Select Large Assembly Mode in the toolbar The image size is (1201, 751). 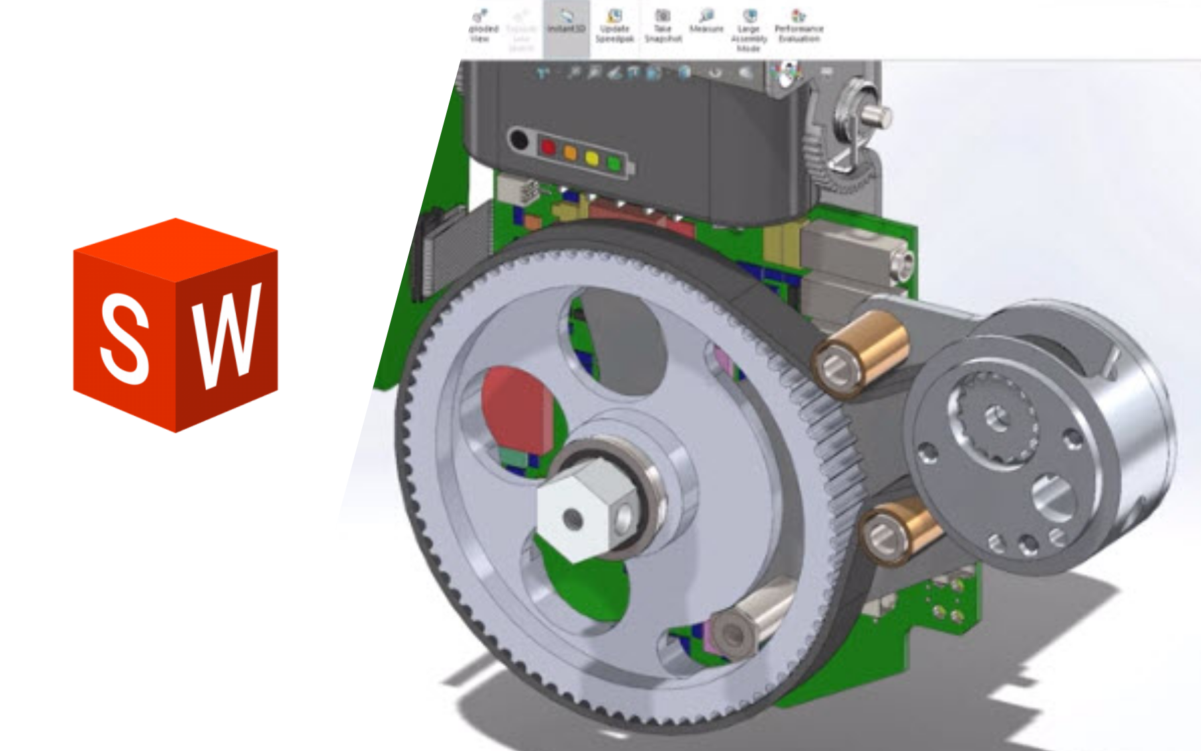click(749, 30)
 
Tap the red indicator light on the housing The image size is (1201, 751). click(548, 147)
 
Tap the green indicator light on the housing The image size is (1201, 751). click(614, 163)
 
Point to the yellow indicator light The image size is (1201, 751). click(591, 158)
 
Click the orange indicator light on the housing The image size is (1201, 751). click(570, 152)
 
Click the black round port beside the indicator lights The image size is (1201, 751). click(518, 140)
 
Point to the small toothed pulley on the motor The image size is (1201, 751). click(994, 417)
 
